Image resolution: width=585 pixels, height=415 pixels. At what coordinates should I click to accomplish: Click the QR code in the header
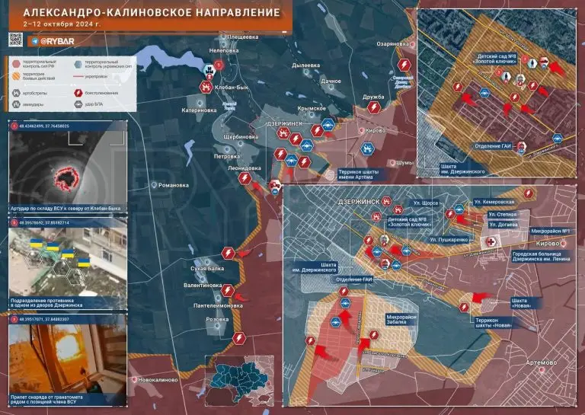(x=17, y=40)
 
